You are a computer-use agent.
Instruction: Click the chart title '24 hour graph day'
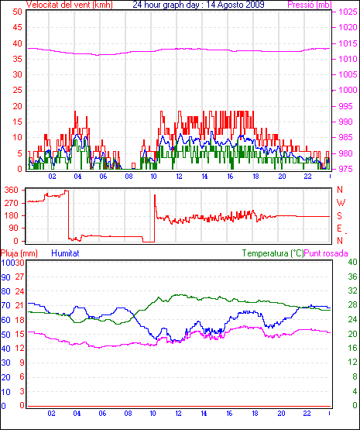pos(166,5)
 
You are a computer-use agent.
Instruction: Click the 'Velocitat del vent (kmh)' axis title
pos(70,5)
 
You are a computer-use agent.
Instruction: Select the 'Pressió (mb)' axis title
pos(310,5)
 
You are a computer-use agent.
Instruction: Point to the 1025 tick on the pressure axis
pos(348,12)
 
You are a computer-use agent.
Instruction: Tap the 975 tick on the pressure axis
pos(345,169)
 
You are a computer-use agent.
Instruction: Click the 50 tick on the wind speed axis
pos(17,12)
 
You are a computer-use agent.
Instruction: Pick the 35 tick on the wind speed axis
pos(17,59)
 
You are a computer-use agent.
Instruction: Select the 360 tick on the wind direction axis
pos(12,190)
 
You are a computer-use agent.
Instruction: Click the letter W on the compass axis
pos(341,203)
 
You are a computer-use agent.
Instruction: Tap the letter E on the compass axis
pos(339,229)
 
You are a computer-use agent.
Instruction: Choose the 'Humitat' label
pos(66,253)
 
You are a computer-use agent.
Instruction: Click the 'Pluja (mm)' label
pos(19,253)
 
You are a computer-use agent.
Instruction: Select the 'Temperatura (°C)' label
pos(273,253)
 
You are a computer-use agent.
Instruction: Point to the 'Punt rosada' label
pos(326,253)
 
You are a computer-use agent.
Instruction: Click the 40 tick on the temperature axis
pos(352,262)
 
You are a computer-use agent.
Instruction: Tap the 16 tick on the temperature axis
pos(352,348)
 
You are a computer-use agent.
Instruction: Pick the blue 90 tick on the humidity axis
pos(5,277)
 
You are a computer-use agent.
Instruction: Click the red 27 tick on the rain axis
pos(20,277)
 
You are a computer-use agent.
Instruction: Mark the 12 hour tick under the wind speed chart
pos(180,176)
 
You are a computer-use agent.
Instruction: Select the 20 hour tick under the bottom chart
pos(281,414)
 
